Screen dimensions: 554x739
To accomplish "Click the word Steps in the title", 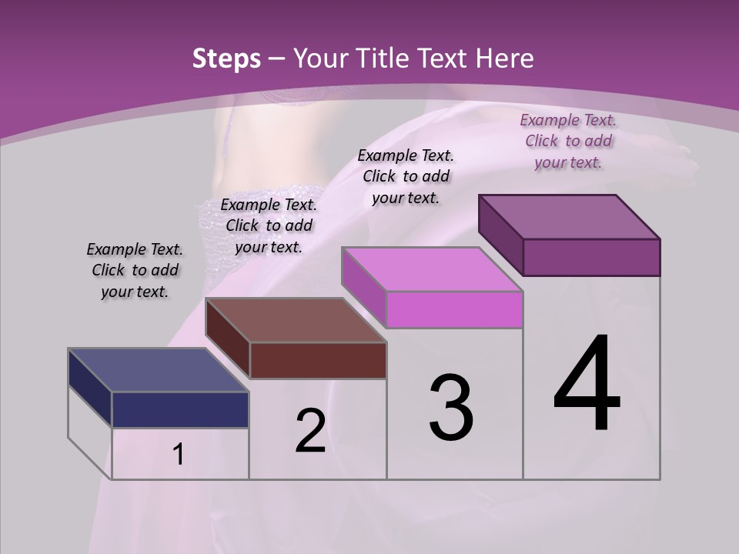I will click(x=226, y=58).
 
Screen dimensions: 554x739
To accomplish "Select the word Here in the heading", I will click(x=505, y=58).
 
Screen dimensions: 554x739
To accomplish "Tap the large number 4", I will click(x=587, y=385).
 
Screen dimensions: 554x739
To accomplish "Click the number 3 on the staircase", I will click(x=451, y=408).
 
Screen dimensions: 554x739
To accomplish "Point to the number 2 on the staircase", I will click(x=310, y=431).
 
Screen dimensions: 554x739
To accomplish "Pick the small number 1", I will click(x=179, y=455).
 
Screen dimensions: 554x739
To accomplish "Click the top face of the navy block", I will click(x=158, y=370).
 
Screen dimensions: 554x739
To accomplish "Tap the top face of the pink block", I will click(x=432, y=269).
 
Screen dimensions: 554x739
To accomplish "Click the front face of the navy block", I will click(x=180, y=409).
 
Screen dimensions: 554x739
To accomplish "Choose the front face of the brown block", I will click(x=317, y=360).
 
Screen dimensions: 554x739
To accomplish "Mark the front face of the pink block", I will click(x=454, y=309).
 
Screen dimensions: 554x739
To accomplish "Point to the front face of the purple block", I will click(x=591, y=257).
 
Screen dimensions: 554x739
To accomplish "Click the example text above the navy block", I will click(x=135, y=270).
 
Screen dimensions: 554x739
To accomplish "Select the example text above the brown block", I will click(x=269, y=225).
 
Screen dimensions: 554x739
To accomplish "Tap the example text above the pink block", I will click(x=406, y=176).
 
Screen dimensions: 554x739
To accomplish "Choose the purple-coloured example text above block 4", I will click(x=568, y=141).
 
